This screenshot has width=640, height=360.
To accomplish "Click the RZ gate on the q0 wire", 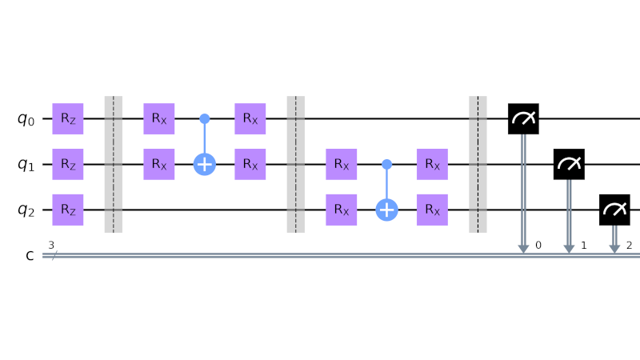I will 68,119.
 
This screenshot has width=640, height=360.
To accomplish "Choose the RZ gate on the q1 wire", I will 68,165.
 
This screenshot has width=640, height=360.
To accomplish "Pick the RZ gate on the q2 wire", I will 68,210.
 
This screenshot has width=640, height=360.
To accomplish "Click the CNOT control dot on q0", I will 205,119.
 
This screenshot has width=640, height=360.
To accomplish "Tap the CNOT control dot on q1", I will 386,165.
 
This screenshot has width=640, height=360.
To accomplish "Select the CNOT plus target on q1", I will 205,165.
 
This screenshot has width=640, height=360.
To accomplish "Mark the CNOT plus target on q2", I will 386,210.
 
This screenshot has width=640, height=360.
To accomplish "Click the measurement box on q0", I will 523,119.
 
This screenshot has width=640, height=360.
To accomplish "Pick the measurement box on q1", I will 569,165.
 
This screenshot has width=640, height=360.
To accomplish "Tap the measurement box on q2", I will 614,210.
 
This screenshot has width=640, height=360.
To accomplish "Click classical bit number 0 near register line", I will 538,245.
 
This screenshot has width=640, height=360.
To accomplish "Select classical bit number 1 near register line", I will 584,245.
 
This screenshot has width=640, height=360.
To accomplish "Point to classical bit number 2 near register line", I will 630,245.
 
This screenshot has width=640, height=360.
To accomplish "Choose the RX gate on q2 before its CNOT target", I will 342,210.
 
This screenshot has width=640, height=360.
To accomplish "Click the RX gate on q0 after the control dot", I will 250,119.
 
